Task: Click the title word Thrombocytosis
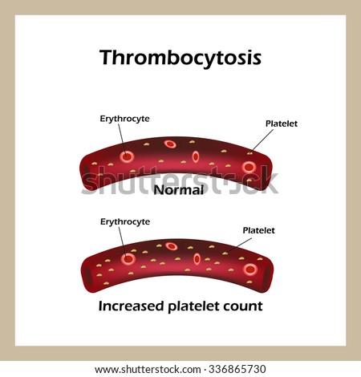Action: coord(180,59)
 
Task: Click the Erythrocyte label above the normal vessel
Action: coord(124,119)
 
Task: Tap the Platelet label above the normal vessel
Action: coord(282,124)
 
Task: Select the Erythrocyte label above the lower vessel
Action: coord(125,221)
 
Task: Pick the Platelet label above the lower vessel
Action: coord(258,230)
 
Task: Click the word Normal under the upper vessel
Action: coord(179,190)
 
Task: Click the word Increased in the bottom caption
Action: coord(131,306)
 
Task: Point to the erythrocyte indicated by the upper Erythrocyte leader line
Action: coord(127,156)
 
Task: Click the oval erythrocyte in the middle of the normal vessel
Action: coord(196,156)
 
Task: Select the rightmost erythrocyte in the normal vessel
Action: coord(249,168)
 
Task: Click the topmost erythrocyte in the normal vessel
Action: coord(170,144)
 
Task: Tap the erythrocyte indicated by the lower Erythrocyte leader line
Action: coord(128,259)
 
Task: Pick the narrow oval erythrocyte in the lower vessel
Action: coord(197,259)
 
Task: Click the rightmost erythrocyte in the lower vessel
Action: coord(250,270)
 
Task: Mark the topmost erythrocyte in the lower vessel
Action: coord(171,246)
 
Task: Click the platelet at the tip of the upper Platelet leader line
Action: coord(249,153)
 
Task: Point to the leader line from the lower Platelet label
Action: coord(239,245)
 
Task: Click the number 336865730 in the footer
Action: coord(237,369)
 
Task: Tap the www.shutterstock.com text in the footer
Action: coord(148,370)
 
